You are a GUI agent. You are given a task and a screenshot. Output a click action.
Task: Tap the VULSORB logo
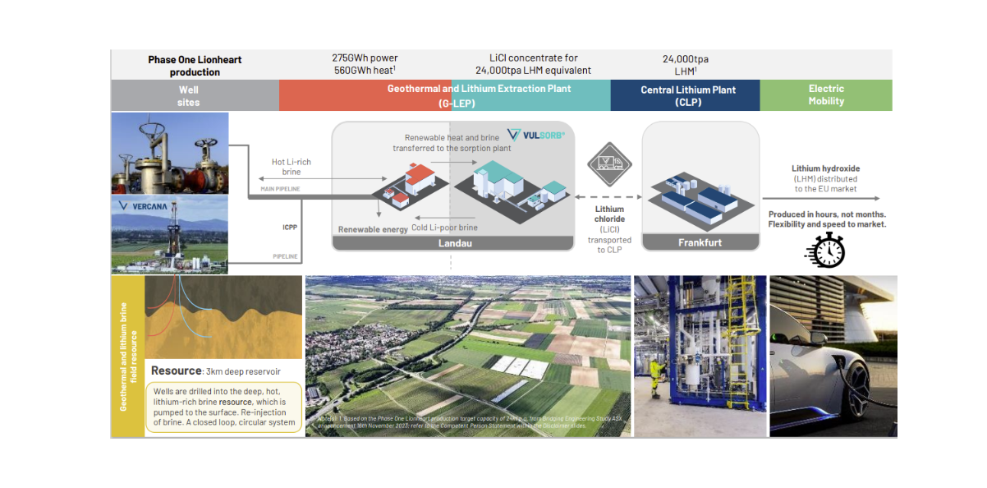(536, 134)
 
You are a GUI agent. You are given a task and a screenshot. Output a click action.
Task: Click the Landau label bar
(452, 243)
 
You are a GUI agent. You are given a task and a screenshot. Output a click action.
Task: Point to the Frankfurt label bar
(700, 243)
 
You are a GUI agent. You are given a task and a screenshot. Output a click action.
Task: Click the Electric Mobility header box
(825, 95)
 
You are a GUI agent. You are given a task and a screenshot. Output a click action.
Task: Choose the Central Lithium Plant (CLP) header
(684, 96)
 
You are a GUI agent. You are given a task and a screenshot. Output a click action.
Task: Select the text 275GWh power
(365, 58)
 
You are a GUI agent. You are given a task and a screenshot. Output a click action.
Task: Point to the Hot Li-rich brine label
(292, 168)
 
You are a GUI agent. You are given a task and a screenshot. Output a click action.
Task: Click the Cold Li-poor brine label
(443, 228)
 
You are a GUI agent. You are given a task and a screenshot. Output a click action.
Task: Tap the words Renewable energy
(373, 229)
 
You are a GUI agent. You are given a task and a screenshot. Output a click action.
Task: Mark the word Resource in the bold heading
(176, 371)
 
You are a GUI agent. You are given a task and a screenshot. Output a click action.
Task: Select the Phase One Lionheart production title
(195, 66)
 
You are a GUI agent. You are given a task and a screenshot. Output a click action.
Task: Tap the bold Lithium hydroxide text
(825, 168)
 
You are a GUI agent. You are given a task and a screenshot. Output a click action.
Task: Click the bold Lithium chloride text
(609, 215)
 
